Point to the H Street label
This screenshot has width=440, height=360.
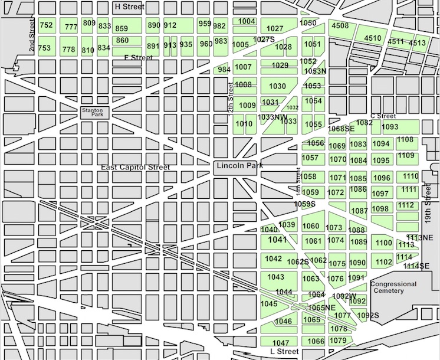129,6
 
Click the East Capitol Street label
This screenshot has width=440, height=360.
135,168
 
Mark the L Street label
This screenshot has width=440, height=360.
281,352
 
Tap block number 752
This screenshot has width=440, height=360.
45,25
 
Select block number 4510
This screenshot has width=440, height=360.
372,38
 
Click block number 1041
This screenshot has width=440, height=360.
277,240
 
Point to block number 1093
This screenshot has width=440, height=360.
390,127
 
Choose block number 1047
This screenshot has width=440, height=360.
281,343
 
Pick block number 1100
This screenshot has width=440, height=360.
383,243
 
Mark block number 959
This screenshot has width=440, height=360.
205,24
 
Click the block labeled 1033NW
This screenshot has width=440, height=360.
272,117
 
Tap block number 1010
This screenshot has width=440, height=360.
244,124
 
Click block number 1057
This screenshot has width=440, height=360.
310,158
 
